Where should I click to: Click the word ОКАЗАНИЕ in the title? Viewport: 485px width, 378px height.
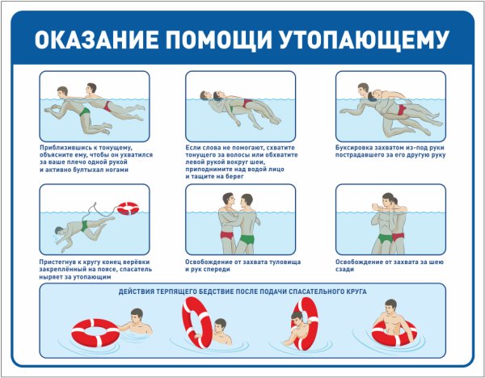(95, 40)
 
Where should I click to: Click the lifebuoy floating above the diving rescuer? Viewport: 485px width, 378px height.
(128, 208)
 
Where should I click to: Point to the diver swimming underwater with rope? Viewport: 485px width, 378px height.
(73, 229)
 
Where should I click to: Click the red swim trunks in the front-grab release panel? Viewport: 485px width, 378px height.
(226, 235)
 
